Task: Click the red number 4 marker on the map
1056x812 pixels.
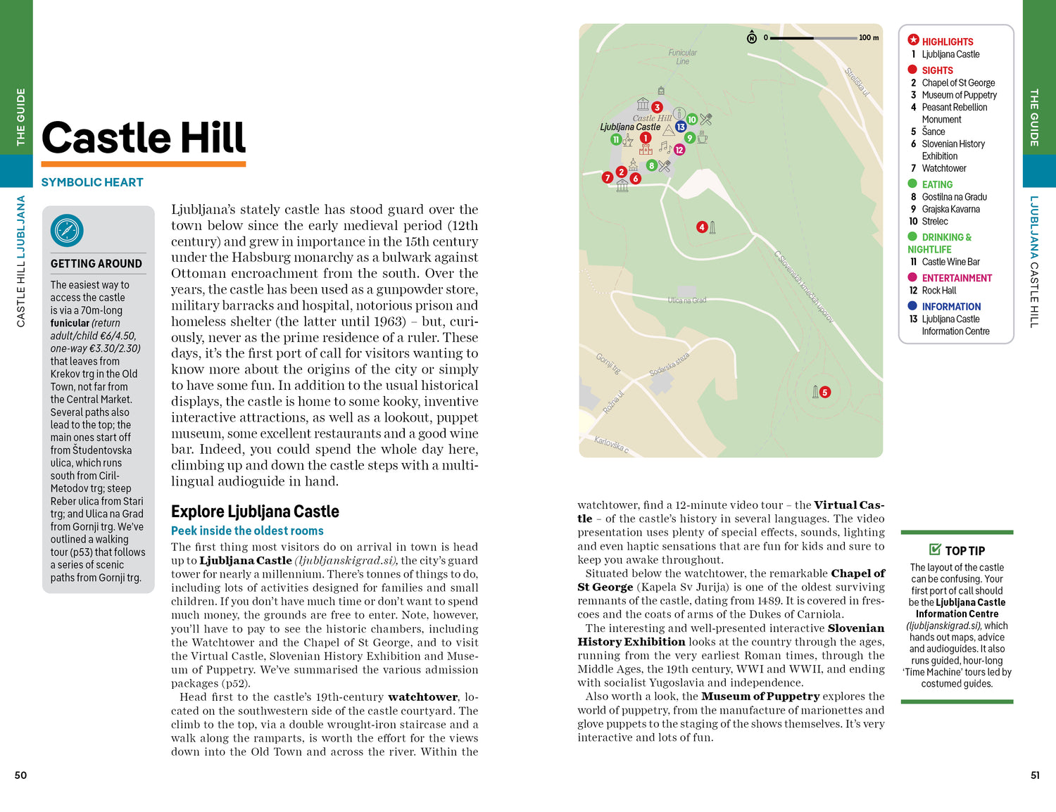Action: [x=701, y=227]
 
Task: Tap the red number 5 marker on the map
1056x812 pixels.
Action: [x=825, y=392]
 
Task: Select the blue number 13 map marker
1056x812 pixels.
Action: [x=681, y=127]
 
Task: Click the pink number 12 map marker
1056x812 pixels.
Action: [x=679, y=149]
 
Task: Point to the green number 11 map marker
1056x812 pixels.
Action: [x=616, y=139]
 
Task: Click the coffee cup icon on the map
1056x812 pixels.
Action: [x=702, y=137]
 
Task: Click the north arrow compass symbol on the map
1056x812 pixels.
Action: [x=752, y=37]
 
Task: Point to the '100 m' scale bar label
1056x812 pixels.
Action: [x=869, y=37]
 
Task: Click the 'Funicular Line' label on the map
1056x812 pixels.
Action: [x=682, y=57]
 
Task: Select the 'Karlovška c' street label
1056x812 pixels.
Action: [x=611, y=445]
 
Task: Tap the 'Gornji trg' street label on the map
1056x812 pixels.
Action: [x=608, y=363]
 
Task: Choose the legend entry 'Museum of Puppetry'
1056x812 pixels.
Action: [x=959, y=95]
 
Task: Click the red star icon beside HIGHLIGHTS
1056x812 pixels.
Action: [x=913, y=40]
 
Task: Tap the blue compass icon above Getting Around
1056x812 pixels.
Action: [x=67, y=230]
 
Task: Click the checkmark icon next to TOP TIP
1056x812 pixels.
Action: [x=935, y=550]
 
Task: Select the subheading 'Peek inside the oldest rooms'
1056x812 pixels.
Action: [x=247, y=531]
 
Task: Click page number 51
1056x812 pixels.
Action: [x=1035, y=775]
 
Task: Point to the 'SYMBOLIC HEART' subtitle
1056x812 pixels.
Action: [x=92, y=182]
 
